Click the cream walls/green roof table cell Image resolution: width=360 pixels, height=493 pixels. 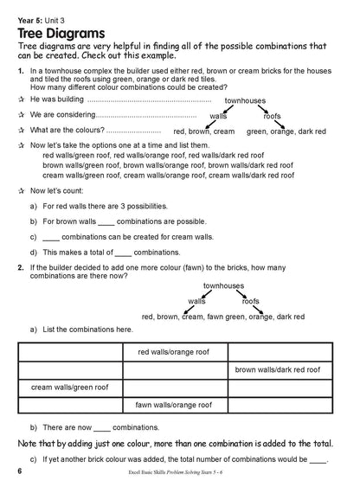(70, 387)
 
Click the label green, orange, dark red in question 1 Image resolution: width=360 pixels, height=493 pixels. (286, 131)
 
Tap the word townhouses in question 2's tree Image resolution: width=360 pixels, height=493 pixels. (223, 285)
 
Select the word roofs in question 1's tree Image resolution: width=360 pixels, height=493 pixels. (272, 115)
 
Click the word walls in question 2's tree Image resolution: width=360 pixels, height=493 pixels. (196, 301)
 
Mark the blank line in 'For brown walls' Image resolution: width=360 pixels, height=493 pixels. (106, 221)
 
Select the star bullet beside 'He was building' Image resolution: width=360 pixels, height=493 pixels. (21, 99)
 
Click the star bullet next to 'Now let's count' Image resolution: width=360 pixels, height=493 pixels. (21, 189)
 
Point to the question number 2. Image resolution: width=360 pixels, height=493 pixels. (20, 268)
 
